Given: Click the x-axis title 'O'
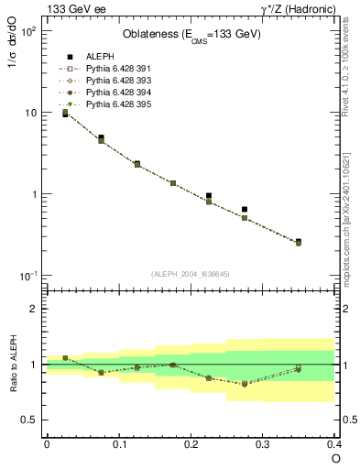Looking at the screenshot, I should tap(335, 457).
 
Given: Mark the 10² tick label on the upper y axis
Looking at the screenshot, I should tap(27, 30).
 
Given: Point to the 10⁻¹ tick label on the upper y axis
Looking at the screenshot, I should tap(27, 276).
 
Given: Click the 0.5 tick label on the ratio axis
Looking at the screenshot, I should tap(29, 420).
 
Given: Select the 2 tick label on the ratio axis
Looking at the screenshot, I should tap(34, 309).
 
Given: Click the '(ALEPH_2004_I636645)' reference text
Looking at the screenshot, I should tap(191, 274).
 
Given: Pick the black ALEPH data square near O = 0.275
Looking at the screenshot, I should tap(245, 210).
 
